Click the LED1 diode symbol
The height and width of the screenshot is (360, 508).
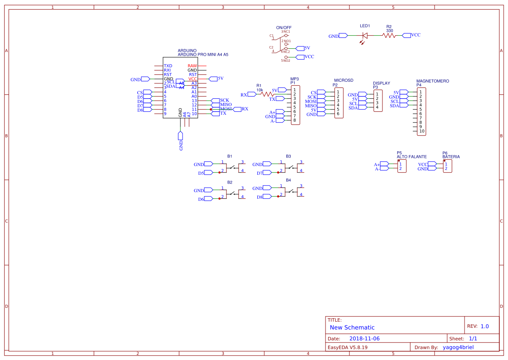click(365, 36)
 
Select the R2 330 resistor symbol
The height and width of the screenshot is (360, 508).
click(389, 36)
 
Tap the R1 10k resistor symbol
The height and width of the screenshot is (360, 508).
click(266, 94)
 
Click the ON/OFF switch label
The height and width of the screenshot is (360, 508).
click(284, 27)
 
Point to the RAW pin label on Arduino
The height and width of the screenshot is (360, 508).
click(192, 66)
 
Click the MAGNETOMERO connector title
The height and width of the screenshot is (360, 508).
click(432, 81)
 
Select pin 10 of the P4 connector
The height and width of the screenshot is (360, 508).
click(422, 131)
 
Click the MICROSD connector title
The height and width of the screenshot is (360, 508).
click(343, 80)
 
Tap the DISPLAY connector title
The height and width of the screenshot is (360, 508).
click(381, 83)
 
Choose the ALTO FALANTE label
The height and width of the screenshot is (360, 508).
click(411, 157)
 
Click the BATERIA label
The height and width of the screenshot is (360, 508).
click(451, 157)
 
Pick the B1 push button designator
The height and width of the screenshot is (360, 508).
click(229, 156)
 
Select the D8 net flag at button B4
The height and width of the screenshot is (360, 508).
click(265, 197)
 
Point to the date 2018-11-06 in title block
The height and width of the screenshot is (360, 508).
click(364, 339)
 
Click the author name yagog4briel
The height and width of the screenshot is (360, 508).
click(458, 347)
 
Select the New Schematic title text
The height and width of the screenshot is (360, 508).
click(352, 327)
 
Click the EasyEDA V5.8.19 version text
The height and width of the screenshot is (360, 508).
click(348, 347)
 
